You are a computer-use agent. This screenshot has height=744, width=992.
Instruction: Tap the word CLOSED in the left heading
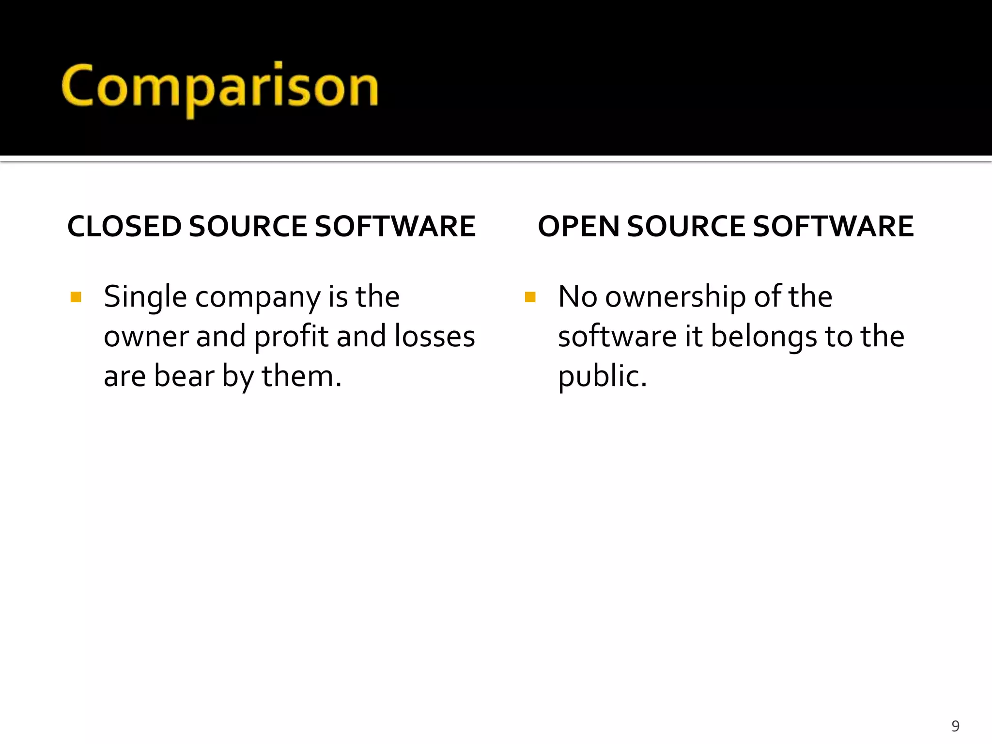[124, 226]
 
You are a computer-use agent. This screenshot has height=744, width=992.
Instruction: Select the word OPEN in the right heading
[578, 226]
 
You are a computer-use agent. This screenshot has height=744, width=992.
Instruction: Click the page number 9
[955, 726]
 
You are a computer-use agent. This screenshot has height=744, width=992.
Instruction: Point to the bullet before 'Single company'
[76, 296]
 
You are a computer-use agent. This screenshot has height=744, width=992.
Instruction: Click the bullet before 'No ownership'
[530, 296]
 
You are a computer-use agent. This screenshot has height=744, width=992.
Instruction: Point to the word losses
[434, 337]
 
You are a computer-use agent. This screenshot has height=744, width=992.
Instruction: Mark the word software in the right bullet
[617, 337]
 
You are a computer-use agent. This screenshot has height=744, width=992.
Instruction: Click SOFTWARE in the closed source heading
[395, 226]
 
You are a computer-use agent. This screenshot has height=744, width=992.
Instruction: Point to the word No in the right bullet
[577, 297]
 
